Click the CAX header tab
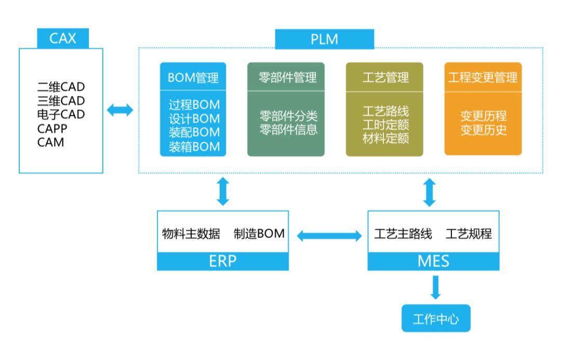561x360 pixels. [63, 38]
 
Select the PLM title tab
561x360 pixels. [324, 39]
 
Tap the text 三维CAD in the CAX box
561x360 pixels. [61, 100]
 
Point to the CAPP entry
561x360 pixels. [52, 128]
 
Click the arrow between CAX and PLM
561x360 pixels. [120, 110]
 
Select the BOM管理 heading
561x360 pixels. [193, 78]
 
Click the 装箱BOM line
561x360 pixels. [194, 147]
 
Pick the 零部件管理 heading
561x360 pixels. [287, 78]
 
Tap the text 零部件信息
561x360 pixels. [288, 129]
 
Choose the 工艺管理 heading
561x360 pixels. [385, 78]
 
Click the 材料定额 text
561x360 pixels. [385, 139]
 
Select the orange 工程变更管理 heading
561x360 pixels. [483, 78]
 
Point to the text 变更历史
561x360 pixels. [483, 129]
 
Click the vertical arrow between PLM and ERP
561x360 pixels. [223, 191]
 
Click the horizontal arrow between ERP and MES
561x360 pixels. [329, 236]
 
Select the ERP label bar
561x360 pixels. [223, 261]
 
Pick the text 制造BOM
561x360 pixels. [259, 234]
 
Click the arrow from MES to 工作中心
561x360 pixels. [435, 287]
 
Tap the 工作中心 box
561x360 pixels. [436, 318]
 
